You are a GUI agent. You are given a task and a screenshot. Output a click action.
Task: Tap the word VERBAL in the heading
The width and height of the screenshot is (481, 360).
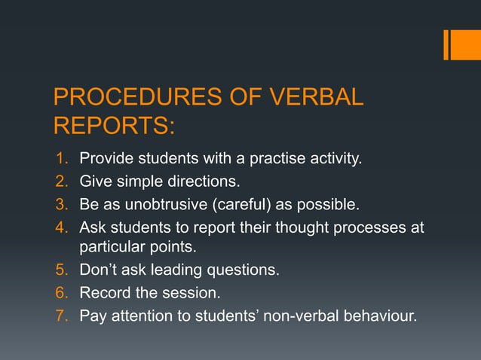coord(307,98)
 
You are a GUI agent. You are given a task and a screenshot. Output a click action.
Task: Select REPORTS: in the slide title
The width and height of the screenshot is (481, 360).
coord(113,126)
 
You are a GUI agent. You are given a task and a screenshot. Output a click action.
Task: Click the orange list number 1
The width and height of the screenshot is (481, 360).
coord(63,159)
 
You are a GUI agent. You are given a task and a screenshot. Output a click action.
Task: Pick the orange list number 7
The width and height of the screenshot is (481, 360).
coord(63,315)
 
